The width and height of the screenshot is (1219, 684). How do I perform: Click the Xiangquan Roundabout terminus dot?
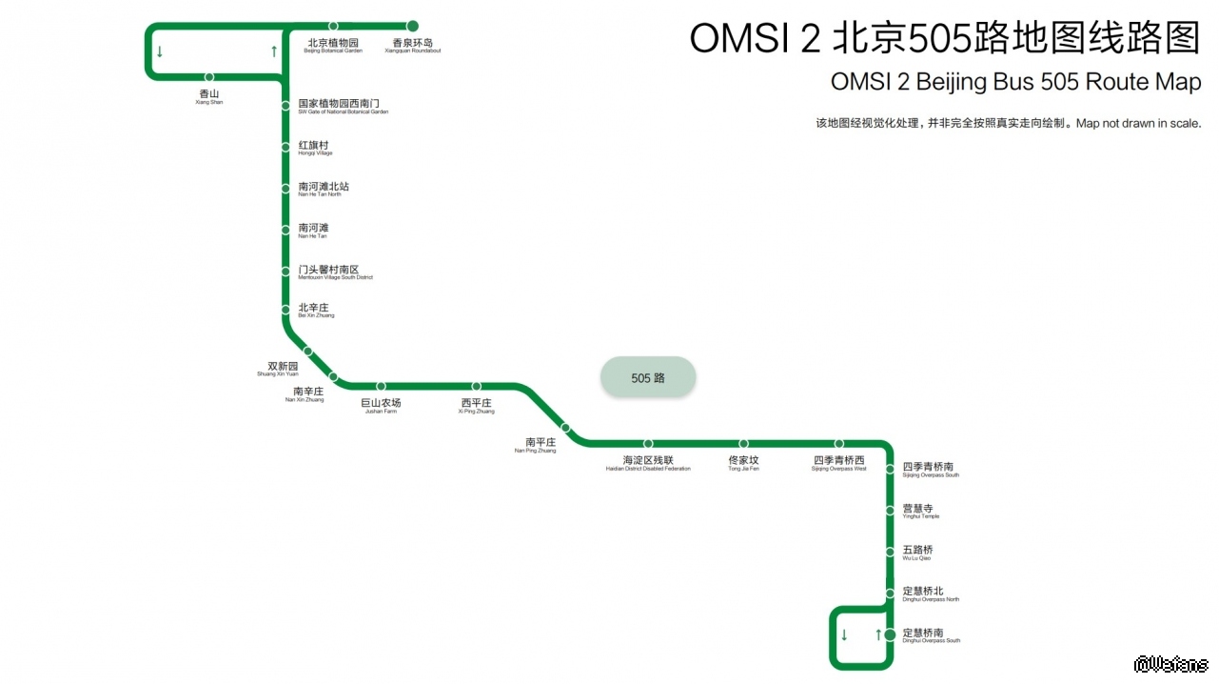click(x=413, y=26)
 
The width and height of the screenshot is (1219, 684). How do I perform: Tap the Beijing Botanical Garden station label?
click(x=333, y=46)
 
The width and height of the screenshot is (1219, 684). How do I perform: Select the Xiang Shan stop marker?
click(x=209, y=77)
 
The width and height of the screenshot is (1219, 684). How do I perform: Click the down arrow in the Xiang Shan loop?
click(x=160, y=52)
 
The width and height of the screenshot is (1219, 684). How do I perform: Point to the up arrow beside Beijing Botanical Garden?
click(x=274, y=51)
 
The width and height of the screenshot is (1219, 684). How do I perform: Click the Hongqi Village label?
click(x=315, y=148)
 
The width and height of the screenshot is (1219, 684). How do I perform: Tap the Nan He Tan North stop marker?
click(x=285, y=189)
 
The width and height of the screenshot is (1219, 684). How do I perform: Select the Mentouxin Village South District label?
click(x=335, y=272)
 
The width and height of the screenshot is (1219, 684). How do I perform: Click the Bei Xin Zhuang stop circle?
click(x=285, y=310)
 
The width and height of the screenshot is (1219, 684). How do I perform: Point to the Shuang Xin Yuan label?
click(x=283, y=369)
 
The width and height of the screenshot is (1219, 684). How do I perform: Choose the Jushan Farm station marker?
click(x=381, y=387)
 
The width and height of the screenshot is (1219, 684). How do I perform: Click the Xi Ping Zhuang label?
click(x=477, y=406)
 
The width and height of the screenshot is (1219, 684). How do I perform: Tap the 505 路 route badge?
click(x=648, y=378)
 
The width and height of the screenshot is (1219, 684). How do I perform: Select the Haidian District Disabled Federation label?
click(x=648, y=464)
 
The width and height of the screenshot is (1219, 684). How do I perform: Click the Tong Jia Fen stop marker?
click(x=744, y=444)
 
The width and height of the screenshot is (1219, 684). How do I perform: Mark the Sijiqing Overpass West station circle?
click(x=839, y=444)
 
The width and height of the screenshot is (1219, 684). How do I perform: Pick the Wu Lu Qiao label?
click(x=917, y=553)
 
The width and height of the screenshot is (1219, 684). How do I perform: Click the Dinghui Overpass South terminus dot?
click(x=890, y=634)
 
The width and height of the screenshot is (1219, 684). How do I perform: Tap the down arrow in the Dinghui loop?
click(x=844, y=635)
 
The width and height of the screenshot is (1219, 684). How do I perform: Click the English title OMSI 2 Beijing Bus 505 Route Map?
click(x=1015, y=82)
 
